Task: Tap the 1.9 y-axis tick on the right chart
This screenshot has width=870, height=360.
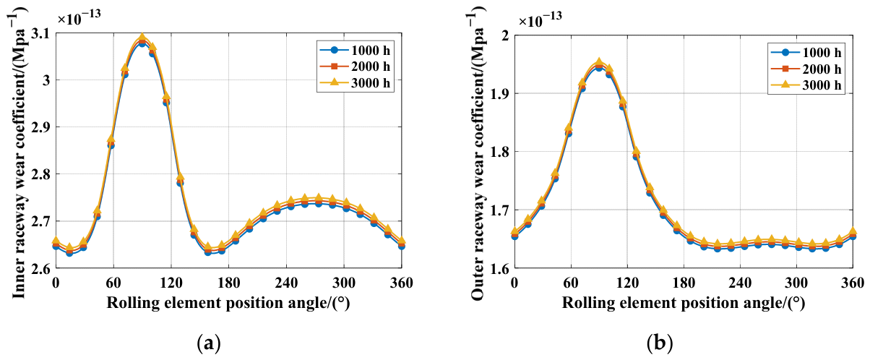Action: [500, 93]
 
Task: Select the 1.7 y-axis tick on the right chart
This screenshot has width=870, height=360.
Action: [500, 210]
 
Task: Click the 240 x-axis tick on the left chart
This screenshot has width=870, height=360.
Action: [286, 283]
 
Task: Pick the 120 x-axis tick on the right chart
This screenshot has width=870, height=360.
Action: [627, 283]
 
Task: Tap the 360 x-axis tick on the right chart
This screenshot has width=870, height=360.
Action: [853, 283]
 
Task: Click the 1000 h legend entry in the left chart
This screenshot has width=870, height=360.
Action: [355, 51]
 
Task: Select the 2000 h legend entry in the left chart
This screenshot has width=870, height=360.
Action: [355, 67]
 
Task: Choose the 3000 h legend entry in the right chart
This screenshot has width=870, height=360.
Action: [806, 85]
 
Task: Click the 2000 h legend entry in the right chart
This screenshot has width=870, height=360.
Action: [806, 69]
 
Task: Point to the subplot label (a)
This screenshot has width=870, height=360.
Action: [209, 343]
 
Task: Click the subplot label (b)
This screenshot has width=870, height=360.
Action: [660, 343]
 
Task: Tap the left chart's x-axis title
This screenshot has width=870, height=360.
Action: [228, 303]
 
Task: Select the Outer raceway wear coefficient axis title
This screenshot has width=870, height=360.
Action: [478, 154]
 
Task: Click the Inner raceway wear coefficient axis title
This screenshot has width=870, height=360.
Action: [19, 154]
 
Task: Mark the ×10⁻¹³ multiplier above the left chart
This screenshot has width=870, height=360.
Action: [79, 18]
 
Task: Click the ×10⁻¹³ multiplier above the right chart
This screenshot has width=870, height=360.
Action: [540, 20]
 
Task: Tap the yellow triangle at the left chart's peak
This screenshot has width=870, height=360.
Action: [142, 38]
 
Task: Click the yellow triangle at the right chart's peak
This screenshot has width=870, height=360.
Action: [599, 61]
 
